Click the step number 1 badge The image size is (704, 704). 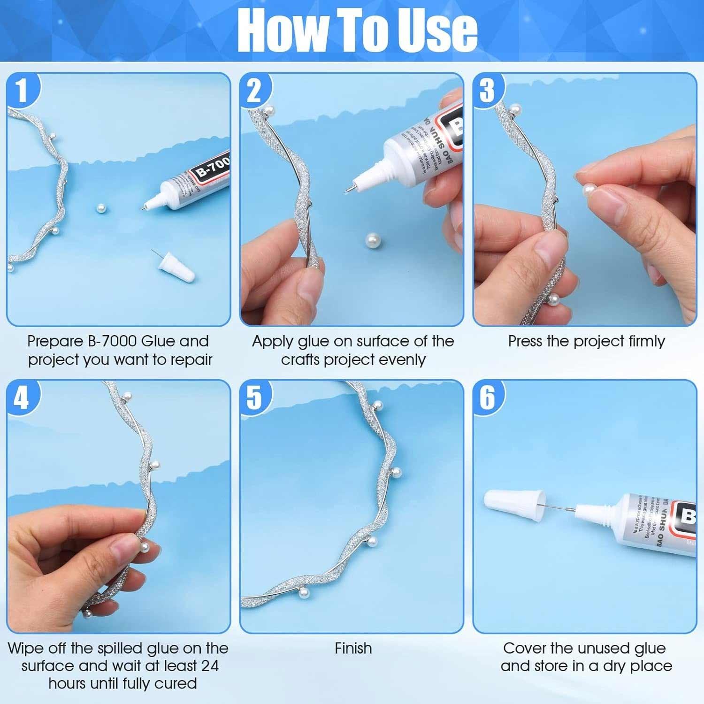(x=22, y=90)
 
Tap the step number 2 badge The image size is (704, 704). (x=254, y=90)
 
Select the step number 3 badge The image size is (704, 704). (x=487, y=90)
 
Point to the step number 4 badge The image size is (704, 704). (x=22, y=398)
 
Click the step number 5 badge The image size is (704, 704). (x=254, y=398)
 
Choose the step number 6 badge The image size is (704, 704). (x=487, y=398)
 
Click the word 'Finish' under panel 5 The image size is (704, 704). (x=353, y=649)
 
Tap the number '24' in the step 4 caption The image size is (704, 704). (x=209, y=666)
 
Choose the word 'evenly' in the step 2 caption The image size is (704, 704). (x=402, y=360)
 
